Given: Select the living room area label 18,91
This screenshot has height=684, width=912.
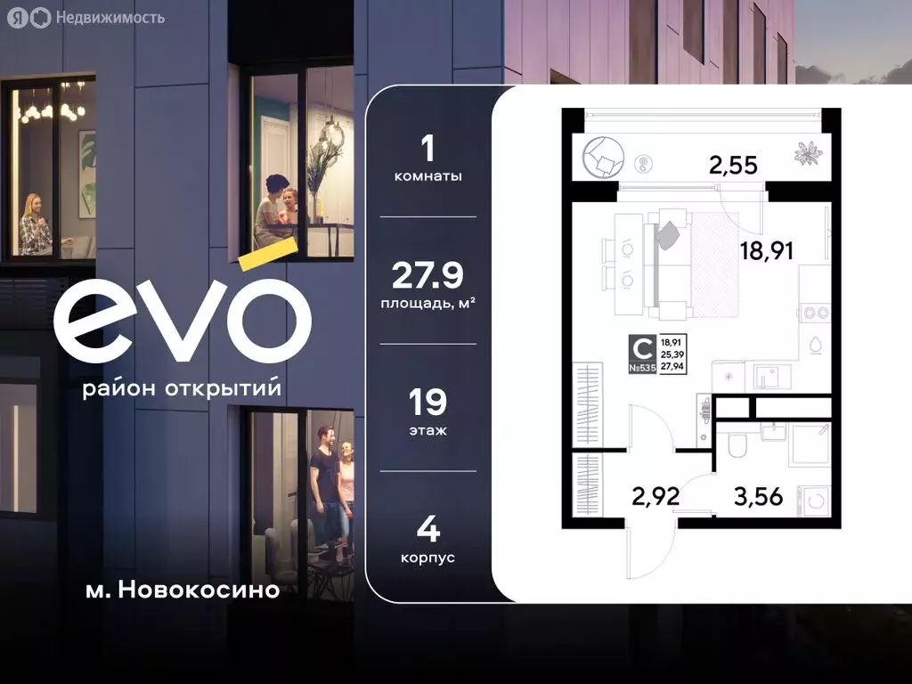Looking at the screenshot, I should click(766, 250).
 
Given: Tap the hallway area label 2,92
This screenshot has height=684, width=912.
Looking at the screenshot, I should click(655, 496).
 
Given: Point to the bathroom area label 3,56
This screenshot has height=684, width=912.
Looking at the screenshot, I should click(758, 496).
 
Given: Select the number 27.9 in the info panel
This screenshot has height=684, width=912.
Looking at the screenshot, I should click(427, 276).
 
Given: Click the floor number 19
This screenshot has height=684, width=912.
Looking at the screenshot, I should click(427, 403).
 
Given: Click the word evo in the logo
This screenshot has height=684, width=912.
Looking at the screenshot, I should click(183, 316).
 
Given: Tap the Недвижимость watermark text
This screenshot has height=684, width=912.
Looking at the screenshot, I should click(109, 17).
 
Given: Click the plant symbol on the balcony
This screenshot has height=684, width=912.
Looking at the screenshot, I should click(809, 153).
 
